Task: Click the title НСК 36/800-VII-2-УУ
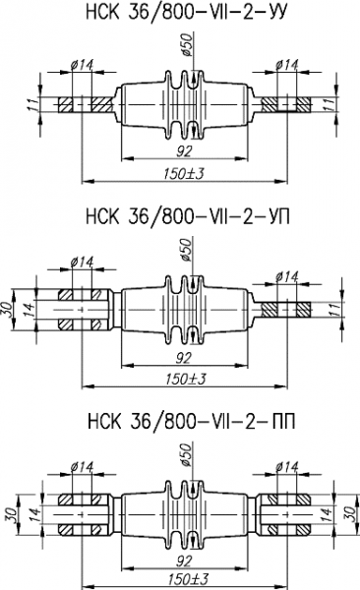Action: [x=187, y=13]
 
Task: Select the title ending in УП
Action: [x=188, y=217]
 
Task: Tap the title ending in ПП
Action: [x=191, y=422]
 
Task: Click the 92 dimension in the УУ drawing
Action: [x=184, y=150]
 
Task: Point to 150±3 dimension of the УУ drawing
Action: [x=184, y=174]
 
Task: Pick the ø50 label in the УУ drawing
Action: [x=187, y=44]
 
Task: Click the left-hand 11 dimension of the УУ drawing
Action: [x=33, y=104]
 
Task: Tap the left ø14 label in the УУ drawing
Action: [x=82, y=65]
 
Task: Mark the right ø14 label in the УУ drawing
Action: [x=287, y=65]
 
